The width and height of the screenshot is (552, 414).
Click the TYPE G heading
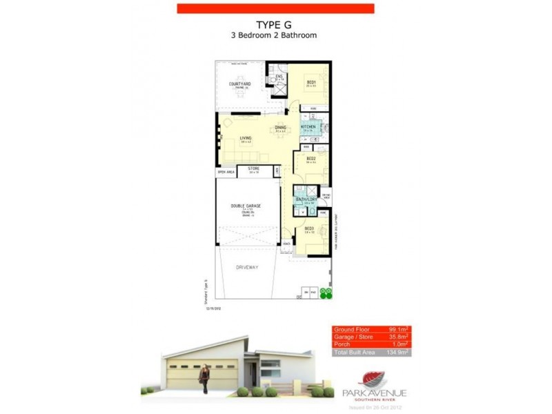(275, 23)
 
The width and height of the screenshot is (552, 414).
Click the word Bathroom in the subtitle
(296, 35)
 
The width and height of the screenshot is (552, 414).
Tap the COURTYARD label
(239, 84)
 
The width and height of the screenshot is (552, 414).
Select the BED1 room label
(311, 83)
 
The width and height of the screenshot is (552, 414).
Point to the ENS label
(280, 77)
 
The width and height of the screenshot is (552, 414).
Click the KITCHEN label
(308, 127)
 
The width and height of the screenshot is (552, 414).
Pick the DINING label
(281, 128)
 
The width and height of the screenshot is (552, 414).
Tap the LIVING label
(246, 138)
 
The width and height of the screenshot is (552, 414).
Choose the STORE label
(254, 168)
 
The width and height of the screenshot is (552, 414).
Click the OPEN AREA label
(226, 172)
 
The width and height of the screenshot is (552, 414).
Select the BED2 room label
(310, 159)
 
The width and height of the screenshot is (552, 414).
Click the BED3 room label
(309, 228)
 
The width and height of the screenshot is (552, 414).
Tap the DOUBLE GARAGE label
(246, 206)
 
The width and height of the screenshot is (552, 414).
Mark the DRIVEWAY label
(246, 268)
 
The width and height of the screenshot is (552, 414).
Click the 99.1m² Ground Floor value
(398, 329)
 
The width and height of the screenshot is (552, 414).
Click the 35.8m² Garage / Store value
(398, 337)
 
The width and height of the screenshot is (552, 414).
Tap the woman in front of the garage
(205, 378)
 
